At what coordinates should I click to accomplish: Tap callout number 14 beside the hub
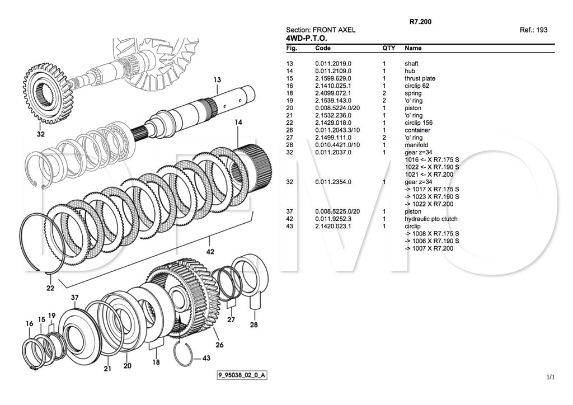pos(239,122)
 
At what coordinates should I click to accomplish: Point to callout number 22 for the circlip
pos(50,288)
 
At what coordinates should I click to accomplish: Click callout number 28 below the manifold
pos(253,324)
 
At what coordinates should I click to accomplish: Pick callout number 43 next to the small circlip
pos(206,359)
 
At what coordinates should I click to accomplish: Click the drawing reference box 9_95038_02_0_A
pos(242,375)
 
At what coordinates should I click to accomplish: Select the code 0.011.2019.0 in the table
pos(333,64)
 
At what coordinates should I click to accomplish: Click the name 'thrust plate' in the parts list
pos(420,78)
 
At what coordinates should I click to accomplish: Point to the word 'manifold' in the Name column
pos(417,145)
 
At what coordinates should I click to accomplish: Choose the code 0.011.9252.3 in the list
pos(333,219)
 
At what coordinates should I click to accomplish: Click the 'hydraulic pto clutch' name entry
pos(431,219)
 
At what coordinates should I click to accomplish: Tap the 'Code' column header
pos(323,49)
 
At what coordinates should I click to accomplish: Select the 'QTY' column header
pos(388,49)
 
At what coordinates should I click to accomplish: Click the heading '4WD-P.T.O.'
pos(306,38)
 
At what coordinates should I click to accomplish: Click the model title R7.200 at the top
pos(420,22)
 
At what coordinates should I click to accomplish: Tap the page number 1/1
pos(551,377)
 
